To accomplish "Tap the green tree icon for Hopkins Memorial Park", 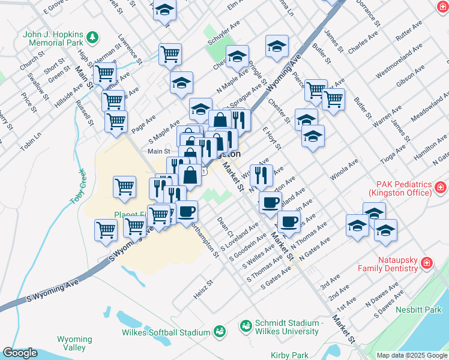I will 92,38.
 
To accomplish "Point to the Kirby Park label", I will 289,355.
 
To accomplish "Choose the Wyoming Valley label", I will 74,343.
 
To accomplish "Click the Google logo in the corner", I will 20,353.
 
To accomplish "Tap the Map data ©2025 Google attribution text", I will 412,355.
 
